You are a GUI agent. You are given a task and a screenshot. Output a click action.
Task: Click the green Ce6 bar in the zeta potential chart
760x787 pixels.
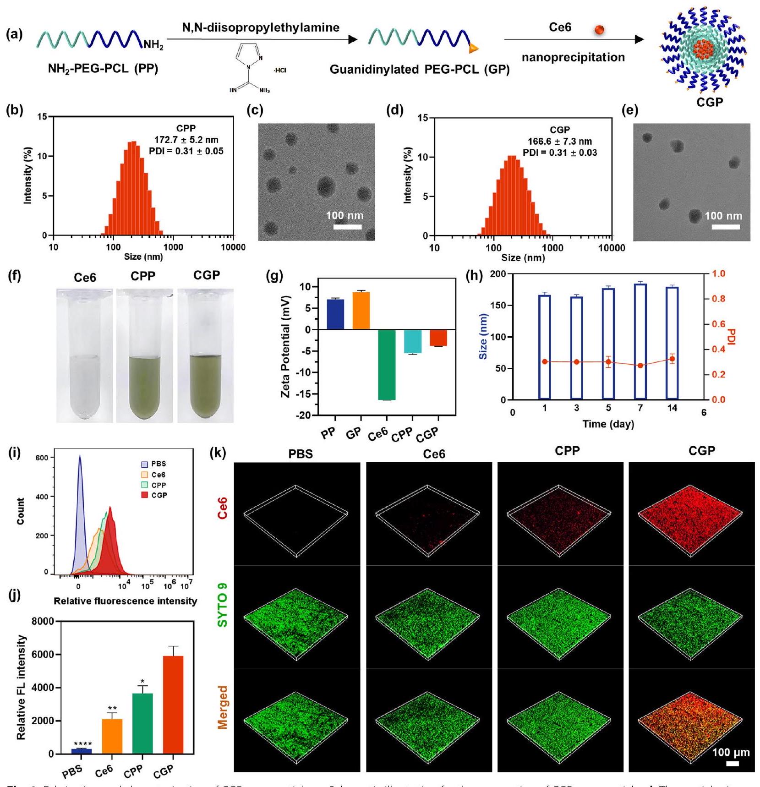[387, 365]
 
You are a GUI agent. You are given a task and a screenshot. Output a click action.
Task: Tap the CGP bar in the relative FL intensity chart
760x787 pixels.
[173, 705]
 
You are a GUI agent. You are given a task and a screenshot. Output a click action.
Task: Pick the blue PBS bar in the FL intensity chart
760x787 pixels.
[82, 751]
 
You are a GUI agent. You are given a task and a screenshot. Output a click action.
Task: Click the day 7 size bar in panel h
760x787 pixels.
[640, 341]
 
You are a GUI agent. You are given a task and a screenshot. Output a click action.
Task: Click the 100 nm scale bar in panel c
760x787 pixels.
[347, 227]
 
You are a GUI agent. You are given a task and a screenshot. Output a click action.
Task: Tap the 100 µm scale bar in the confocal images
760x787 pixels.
[733, 764]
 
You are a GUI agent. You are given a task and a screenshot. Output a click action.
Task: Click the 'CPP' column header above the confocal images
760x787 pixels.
[567, 451]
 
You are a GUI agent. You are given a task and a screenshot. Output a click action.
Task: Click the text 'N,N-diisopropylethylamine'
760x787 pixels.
[261, 27]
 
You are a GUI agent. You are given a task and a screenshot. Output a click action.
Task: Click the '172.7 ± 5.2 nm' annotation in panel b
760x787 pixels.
[186, 140]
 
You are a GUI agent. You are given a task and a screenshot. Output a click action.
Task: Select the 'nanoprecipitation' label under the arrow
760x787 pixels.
[573, 58]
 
